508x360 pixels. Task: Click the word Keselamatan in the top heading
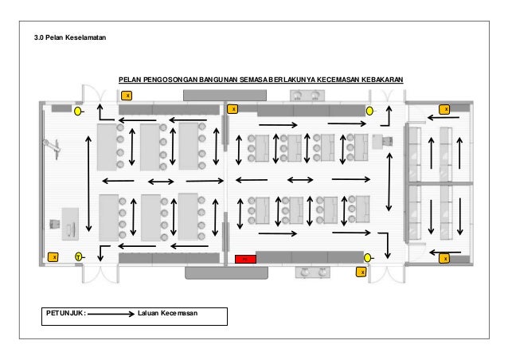click(83, 37)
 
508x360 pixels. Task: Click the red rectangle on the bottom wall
click(244, 259)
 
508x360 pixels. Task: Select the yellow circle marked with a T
click(78, 256)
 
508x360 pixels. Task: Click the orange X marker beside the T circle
click(53, 257)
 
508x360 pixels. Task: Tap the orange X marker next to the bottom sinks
click(360, 272)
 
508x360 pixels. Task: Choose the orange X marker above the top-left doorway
click(126, 96)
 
